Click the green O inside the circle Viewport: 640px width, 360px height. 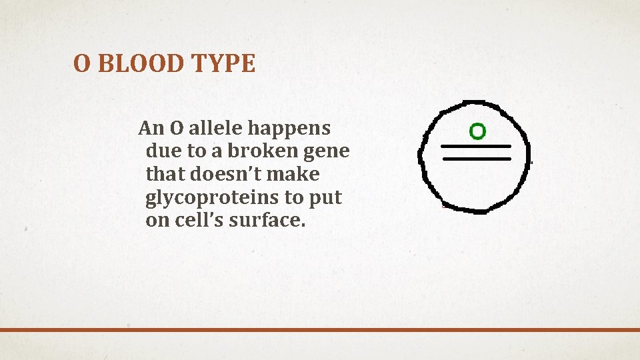(477, 131)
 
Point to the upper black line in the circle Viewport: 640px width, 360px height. (476, 146)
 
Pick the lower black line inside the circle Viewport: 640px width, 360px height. (476, 159)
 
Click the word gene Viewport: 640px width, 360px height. (326, 151)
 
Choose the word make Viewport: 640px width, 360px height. (297, 174)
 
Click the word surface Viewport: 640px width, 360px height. (267, 221)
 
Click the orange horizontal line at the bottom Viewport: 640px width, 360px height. (320, 329)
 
